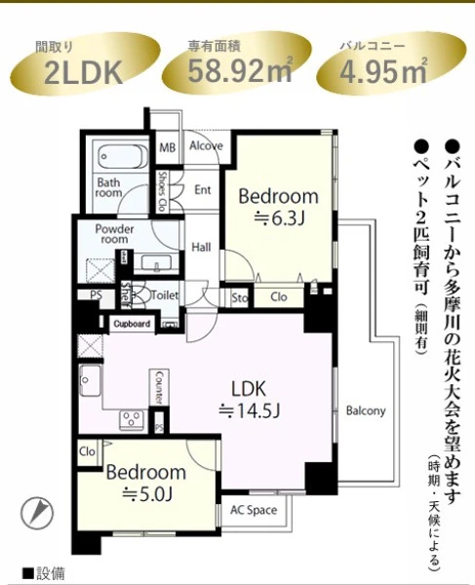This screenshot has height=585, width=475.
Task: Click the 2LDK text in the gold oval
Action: coord(83,72)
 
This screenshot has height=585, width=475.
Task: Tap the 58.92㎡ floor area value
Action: coord(240,70)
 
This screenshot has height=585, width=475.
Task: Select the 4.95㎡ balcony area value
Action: coord(383,71)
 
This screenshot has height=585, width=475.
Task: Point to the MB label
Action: coord(168,148)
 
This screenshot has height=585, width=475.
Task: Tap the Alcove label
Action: coord(206,145)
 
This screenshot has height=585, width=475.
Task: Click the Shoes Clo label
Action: coord(162,192)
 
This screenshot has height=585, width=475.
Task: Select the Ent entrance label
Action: coord(203,190)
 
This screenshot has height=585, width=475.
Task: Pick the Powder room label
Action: coord(114,234)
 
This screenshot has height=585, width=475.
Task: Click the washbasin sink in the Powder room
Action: coord(157,262)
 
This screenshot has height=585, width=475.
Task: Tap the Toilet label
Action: coord(165,295)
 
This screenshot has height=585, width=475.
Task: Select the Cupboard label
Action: coord(132,324)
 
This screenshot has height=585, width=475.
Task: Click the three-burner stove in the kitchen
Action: coord(132,419)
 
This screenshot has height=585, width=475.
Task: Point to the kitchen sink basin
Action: coord(90,380)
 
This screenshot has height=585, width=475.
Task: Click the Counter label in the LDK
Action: coord(159,387)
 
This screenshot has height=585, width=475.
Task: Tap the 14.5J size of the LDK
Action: coord(250,411)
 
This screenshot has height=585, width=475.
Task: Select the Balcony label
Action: coord(366,410)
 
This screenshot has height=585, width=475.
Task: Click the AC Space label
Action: coord(254,510)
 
